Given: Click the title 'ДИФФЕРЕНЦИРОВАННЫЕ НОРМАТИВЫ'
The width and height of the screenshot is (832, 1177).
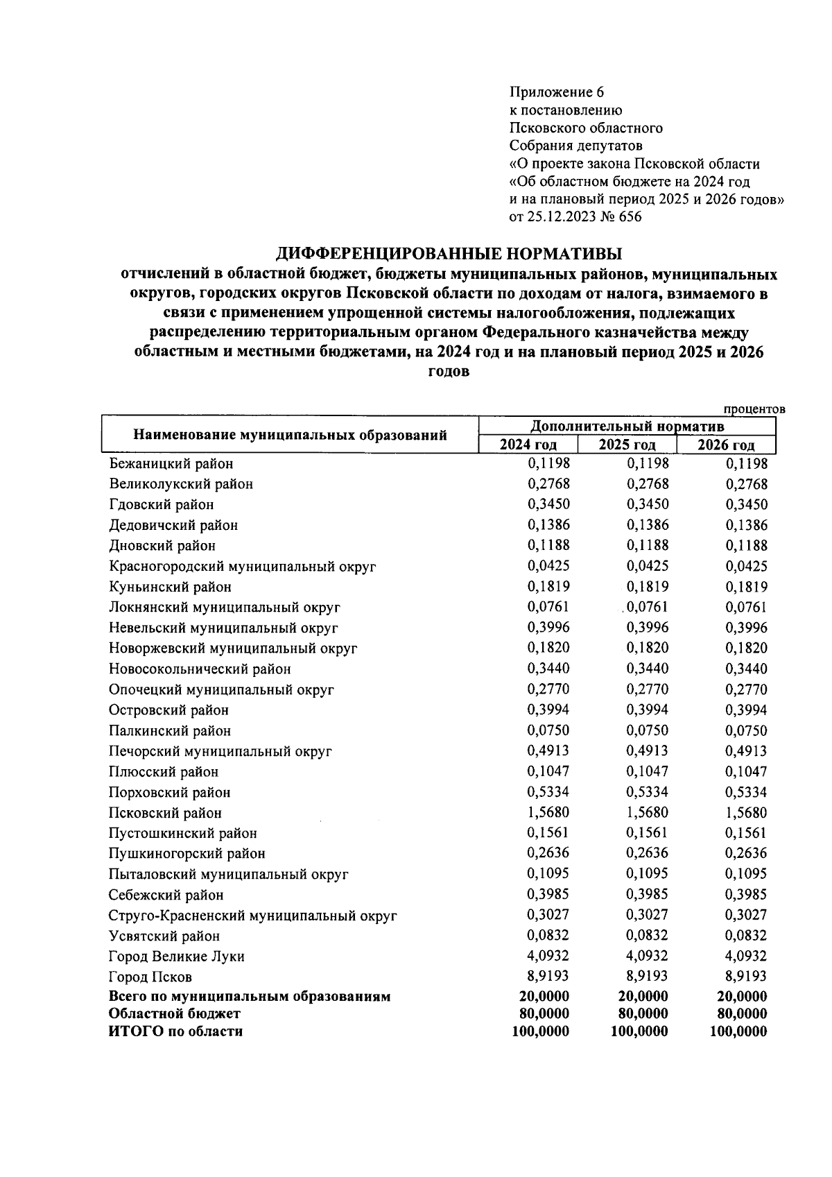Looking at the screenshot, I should point(449,253).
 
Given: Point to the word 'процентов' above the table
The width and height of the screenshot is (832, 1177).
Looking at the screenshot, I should point(754,409).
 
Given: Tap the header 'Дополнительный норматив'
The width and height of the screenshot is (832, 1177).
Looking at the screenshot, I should point(627,426).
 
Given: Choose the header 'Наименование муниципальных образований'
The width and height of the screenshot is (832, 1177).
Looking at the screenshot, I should point(290,436).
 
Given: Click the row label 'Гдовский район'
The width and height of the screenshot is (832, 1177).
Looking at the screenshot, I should point(162,505).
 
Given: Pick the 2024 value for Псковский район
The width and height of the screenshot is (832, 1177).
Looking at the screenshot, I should point(548,812).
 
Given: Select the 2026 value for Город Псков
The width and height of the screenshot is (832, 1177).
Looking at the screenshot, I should point(746,977).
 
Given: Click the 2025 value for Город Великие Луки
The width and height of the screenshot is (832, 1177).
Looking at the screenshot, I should point(647,956).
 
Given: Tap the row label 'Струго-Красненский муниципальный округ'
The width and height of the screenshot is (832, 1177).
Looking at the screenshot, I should point(253,916).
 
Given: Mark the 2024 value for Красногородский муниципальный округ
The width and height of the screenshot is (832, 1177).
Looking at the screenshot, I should point(548,566).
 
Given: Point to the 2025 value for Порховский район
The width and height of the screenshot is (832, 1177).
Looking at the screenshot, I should point(647,792).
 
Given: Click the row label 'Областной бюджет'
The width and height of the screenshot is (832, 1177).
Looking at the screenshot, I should point(175,1014).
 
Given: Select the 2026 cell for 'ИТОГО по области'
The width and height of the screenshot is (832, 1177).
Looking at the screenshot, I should point(738,1031).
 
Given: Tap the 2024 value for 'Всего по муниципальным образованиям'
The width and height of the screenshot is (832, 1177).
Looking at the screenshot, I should point(544,997).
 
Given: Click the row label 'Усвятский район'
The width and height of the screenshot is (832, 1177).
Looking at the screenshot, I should point(164,936).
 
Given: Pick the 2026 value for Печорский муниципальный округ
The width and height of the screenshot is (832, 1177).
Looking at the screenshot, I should point(746,751).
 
